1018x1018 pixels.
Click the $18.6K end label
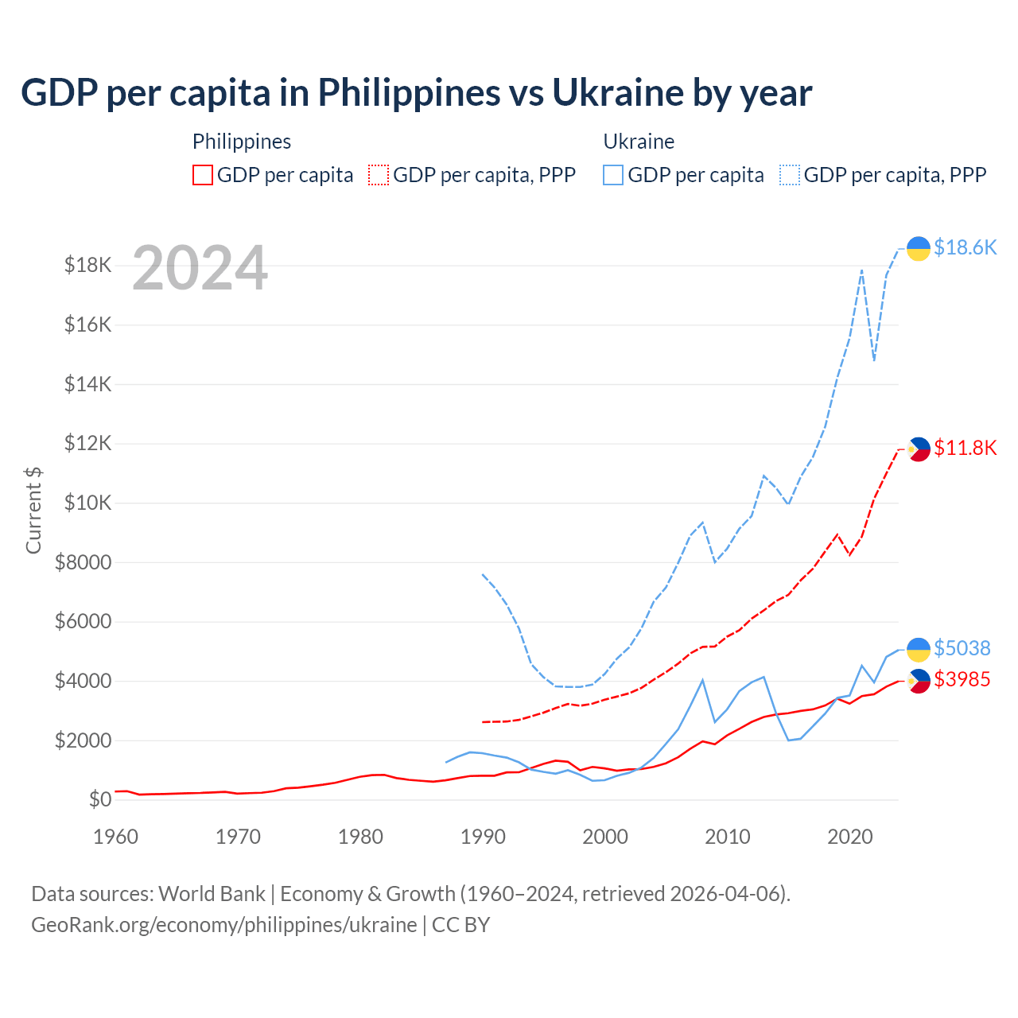point(965,247)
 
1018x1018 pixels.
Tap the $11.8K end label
point(965,448)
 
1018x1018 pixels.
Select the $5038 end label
point(962,648)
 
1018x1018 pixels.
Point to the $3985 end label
point(962,679)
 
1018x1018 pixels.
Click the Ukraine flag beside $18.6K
point(919,248)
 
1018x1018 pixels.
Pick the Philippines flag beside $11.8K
point(919,449)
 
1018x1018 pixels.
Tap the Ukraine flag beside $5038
point(919,649)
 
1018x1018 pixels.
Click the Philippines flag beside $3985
point(919,681)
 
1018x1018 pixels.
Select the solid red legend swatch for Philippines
point(203,175)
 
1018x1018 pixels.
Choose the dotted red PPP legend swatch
point(379,175)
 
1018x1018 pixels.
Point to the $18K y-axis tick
point(88,265)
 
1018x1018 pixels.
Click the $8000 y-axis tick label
point(84,562)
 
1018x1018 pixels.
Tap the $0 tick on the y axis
point(100,799)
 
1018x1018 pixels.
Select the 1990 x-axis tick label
point(483,837)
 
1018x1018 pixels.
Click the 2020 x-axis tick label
point(850,837)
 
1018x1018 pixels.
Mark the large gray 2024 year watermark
point(200,268)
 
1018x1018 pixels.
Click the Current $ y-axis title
point(33,511)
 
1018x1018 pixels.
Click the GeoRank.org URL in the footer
point(224,925)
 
